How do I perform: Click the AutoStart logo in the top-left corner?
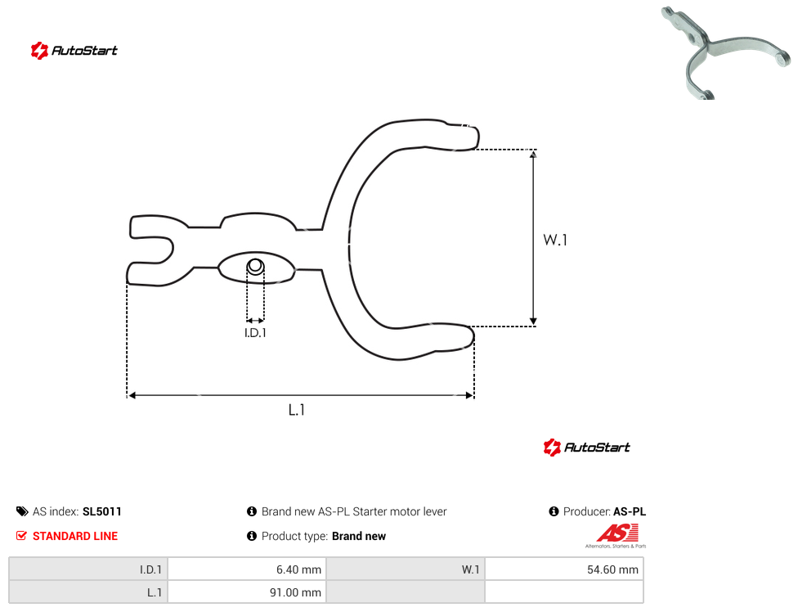tap(74, 51)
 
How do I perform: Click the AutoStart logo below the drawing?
tap(587, 447)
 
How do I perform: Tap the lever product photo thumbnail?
tap(726, 52)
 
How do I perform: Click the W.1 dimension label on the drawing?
tap(554, 240)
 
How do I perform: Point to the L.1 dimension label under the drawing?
tap(296, 410)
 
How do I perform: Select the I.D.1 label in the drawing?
tap(255, 333)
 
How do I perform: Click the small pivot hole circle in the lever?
tap(255, 266)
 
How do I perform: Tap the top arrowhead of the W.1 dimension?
tap(533, 154)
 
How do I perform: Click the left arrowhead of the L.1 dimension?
tap(132, 395)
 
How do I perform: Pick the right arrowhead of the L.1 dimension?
tap(470, 395)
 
